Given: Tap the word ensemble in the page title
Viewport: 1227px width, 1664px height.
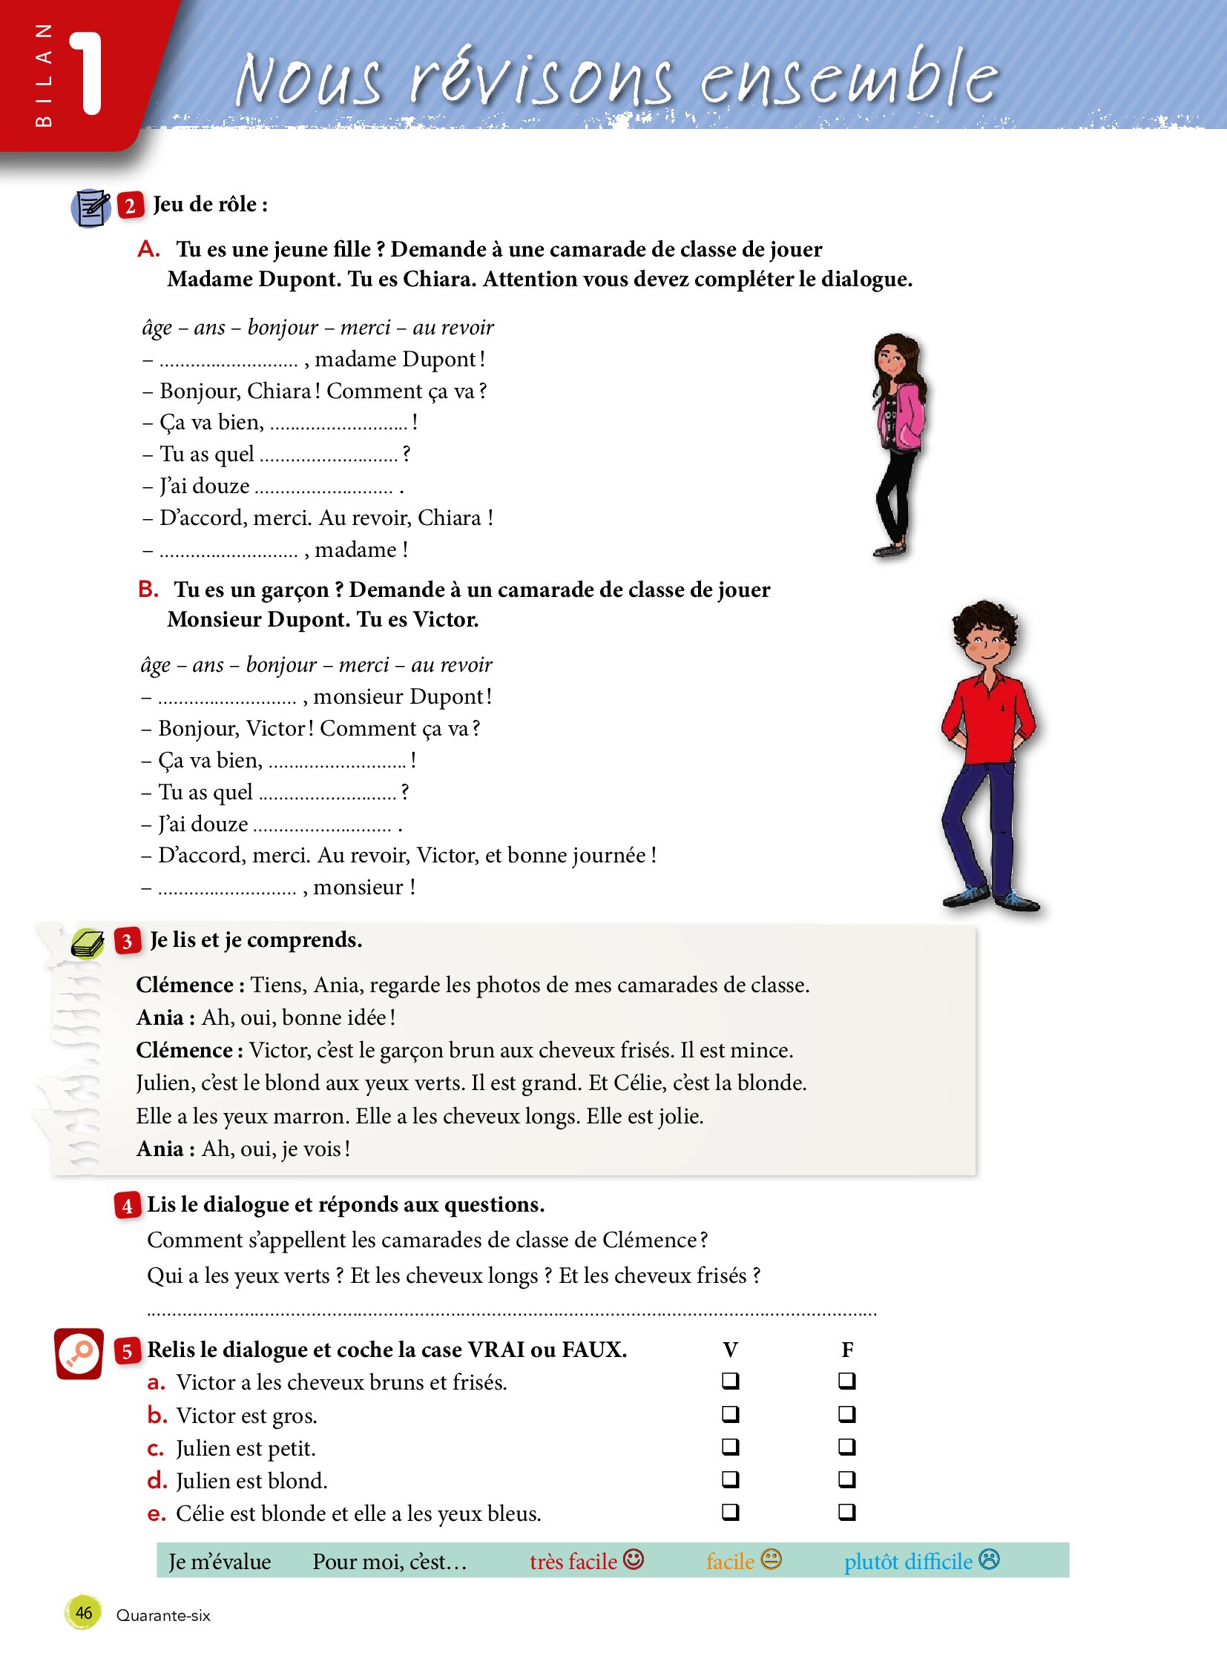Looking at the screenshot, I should point(849,78).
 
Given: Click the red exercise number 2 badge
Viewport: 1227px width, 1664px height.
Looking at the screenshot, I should point(130,205).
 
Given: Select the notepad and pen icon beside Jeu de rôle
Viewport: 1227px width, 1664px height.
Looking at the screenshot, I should point(91,208).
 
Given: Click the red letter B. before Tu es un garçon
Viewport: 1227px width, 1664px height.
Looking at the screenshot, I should point(148,589).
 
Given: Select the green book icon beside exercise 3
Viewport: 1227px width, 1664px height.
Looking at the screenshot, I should point(88,944).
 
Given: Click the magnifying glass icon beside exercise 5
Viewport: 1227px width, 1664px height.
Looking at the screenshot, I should point(79,1353).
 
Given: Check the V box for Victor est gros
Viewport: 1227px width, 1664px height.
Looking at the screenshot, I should point(731,1414).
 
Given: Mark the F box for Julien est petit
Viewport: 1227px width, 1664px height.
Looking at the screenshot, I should point(846,1447).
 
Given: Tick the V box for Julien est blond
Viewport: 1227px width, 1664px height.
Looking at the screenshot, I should point(731,1479).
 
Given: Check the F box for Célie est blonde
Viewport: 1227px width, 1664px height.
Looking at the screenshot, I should point(846,1512).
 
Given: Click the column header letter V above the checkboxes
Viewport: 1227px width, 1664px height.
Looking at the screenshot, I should point(730,1349).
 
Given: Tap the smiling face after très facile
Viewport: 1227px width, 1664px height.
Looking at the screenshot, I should point(634,1559).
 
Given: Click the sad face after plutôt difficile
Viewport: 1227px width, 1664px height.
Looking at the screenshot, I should point(990,1559).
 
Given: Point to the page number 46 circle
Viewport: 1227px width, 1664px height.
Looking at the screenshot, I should point(83,1613).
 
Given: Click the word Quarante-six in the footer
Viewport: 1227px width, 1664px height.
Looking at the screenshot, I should point(163,1616).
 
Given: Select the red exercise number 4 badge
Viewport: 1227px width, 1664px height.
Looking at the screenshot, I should point(127,1205).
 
